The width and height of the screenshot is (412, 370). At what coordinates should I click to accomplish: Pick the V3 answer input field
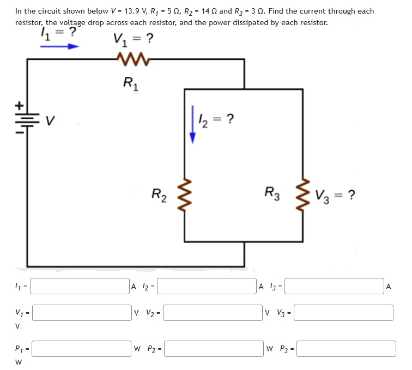click(x=343, y=313)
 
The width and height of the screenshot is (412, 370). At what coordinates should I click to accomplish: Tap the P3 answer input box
click(x=346, y=349)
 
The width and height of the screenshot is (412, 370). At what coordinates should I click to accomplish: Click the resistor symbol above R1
click(x=130, y=58)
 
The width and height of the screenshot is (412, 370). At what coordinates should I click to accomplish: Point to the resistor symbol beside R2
click(x=185, y=194)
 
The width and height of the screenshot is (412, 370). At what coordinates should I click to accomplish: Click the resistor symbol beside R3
click(x=303, y=194)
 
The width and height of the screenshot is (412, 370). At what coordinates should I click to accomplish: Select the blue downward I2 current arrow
click(x=191, y=125)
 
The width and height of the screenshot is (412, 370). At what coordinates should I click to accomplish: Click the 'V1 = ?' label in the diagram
click(x=133, y=39)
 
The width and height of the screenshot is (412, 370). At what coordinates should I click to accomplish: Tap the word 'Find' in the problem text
click(x=277, y=11)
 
